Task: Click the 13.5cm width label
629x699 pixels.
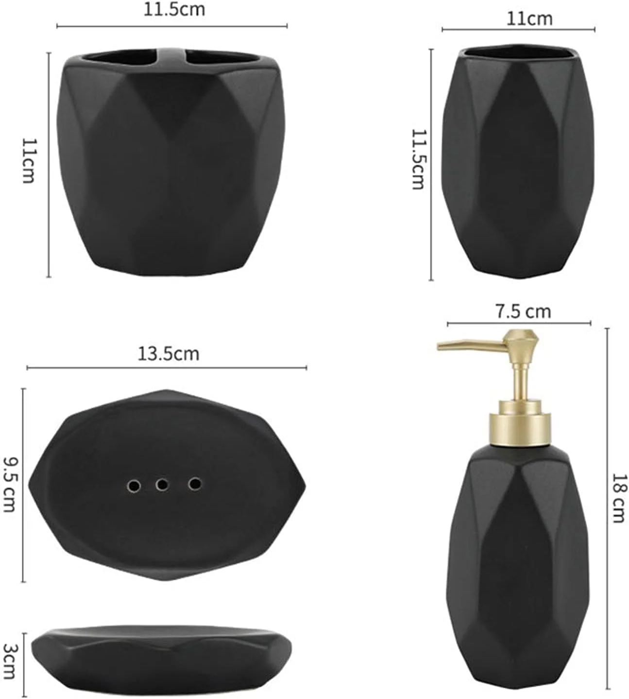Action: click(x=169, y=354)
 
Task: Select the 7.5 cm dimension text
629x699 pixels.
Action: click(x=524, y=312)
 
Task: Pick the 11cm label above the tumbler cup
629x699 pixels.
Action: click(x=529, y=19)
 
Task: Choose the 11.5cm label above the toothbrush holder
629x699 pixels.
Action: click(x=174, y=10)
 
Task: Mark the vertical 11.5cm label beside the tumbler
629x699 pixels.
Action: click(x=418, y=159)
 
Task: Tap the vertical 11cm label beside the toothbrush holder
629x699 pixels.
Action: click(x=29, y=160)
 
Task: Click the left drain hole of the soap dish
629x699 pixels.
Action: click(x=134, y=486)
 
